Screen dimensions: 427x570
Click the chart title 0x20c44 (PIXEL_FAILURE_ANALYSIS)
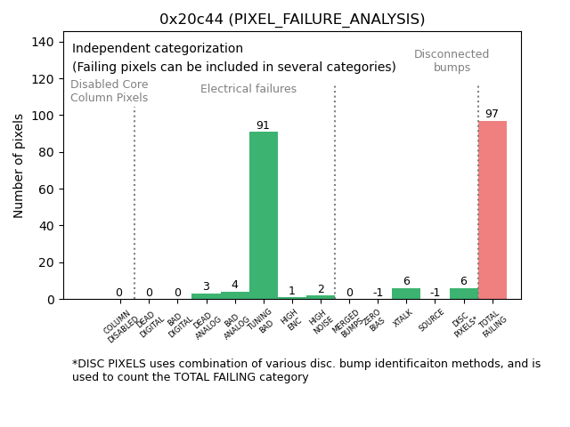pos(292,19)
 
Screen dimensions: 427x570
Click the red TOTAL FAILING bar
pos(493,210)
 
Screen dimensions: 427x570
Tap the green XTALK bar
pos(406,294)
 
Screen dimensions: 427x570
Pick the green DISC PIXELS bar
pos(464,294)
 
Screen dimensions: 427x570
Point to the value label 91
pos(263,125)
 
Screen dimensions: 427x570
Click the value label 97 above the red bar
pos(492,114)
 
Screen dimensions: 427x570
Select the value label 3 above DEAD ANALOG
pos(206,286)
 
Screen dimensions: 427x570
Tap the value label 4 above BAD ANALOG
pos(234,285)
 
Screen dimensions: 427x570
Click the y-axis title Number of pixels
pos(20,165)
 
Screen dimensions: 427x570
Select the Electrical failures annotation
pos(248,89)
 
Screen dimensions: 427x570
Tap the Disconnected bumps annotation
pos(452,60)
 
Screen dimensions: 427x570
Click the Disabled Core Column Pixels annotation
pos(110,91)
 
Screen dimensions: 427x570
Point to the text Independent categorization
pos(158,49)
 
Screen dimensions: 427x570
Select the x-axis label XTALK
pos(403,318)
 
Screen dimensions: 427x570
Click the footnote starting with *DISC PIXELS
pos(306,370)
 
